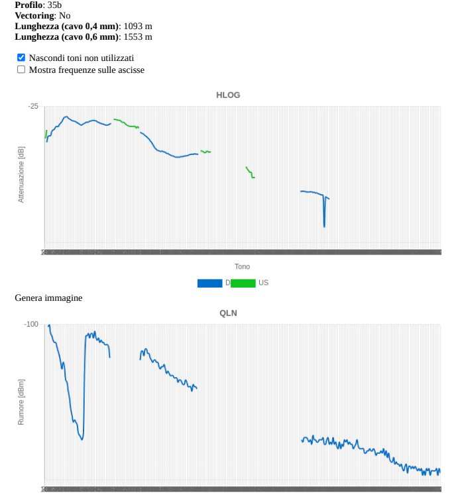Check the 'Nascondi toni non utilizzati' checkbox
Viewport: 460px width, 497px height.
click(21, 58)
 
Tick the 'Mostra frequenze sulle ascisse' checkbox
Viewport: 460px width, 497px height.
click(21, 70)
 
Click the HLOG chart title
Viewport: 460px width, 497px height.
click(228, 95)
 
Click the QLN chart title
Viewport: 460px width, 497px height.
click(228, 313)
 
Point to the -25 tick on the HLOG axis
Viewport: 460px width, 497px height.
click(33, 107)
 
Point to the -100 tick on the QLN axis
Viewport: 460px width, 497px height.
click(32, 325)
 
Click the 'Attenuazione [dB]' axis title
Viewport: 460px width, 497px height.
click(21, 174)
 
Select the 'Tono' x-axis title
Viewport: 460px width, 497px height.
click(242, 266)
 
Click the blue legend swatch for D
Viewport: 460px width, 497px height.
click(209, 283)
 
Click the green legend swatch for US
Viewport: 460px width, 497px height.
click(243, 283)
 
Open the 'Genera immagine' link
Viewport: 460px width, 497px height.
click(48, 298)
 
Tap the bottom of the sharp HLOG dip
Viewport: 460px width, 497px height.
click(324, 227)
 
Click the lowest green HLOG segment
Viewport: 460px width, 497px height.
click(250, 172)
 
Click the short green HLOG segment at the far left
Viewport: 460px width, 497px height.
click(46, 134)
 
